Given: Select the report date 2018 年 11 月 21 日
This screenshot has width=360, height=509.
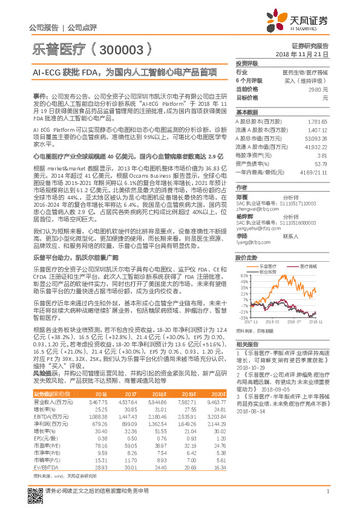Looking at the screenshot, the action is coord(301,54).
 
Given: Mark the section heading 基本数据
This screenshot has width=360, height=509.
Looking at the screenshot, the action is coord(247,112).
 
